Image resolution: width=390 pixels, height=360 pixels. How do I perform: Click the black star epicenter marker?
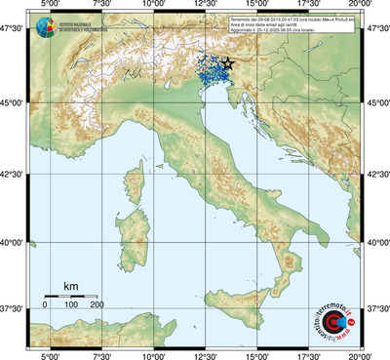tap(228, 63)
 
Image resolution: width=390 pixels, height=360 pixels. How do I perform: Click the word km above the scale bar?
tap(70, 286)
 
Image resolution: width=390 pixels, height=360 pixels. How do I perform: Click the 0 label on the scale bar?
tap(45, 305)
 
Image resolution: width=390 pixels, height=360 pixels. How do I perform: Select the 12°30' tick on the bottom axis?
tap(206, 355)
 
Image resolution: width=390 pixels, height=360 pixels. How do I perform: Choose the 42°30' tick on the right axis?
tap(377, 174)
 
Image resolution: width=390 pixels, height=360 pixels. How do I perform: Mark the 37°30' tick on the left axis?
tap(13, 307)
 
